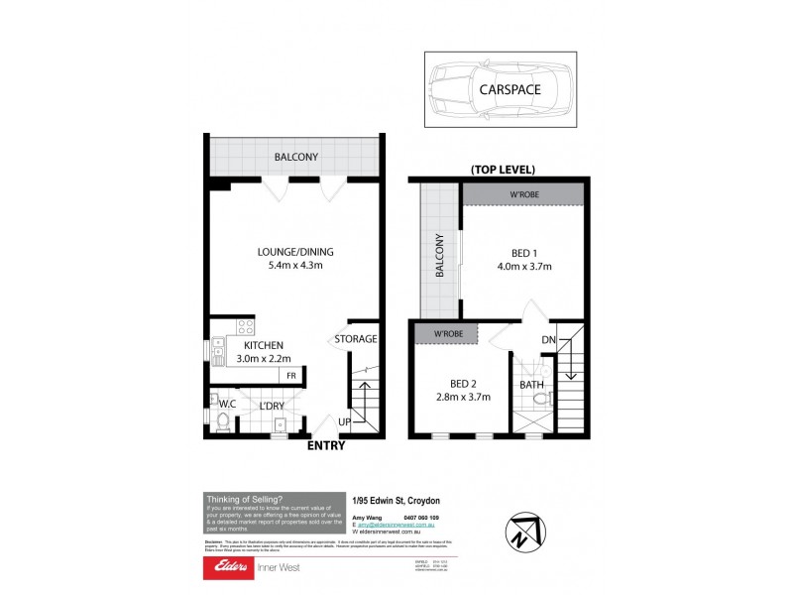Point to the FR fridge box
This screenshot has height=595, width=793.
pyautogui.click(x=291, y=376)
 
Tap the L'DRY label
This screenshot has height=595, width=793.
pyautogui.click(x=272, y=406)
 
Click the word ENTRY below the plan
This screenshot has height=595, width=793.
pyautogui.click(x=326, y=445)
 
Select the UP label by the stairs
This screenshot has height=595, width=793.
pyautogui.click(x=344, y=421)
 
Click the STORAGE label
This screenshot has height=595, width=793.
pyautogui.click(x=355, y=339)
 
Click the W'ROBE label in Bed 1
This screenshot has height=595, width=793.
pyautogui.click(x=524, y=194)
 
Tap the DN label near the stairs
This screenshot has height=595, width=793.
pyautogui.click(x=548, y=341)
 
